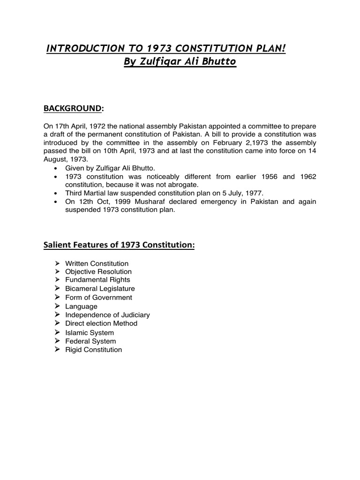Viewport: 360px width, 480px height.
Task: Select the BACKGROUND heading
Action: click(72, 108)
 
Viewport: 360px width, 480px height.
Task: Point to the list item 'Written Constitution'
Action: click(97, 263)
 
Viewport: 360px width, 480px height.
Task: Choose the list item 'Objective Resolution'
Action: click(98, 272)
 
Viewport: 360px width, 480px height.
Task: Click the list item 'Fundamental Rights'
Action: click(97, 280)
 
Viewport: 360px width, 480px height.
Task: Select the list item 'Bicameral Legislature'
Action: click(100, 289)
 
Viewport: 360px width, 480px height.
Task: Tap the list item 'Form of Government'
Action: click(98, 298)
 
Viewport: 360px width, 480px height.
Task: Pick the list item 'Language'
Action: click(82, 306)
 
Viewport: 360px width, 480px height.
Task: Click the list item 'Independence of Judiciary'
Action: click(107, 315)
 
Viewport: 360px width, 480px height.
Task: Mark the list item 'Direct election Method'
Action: click(101, 323)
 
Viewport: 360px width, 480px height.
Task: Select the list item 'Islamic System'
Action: click(90, 333)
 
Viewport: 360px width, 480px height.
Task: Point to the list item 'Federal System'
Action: click(90, 341)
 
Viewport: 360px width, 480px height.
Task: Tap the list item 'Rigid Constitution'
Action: click(93, 350)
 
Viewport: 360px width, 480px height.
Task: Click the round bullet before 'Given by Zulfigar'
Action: click(57, 168)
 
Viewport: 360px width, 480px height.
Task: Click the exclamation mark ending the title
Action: click(284, 48)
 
